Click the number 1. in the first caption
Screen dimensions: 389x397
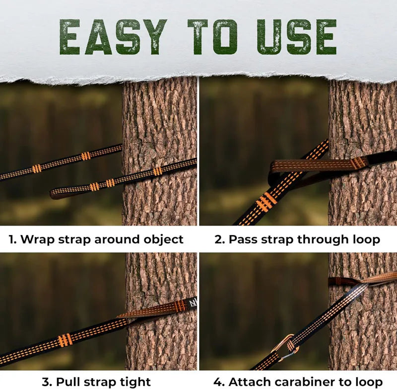14,239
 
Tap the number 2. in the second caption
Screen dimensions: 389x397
220,239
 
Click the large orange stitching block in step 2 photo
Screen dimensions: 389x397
266,201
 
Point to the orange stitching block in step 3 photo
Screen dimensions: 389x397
65,340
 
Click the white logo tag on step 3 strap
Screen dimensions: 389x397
192,303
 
